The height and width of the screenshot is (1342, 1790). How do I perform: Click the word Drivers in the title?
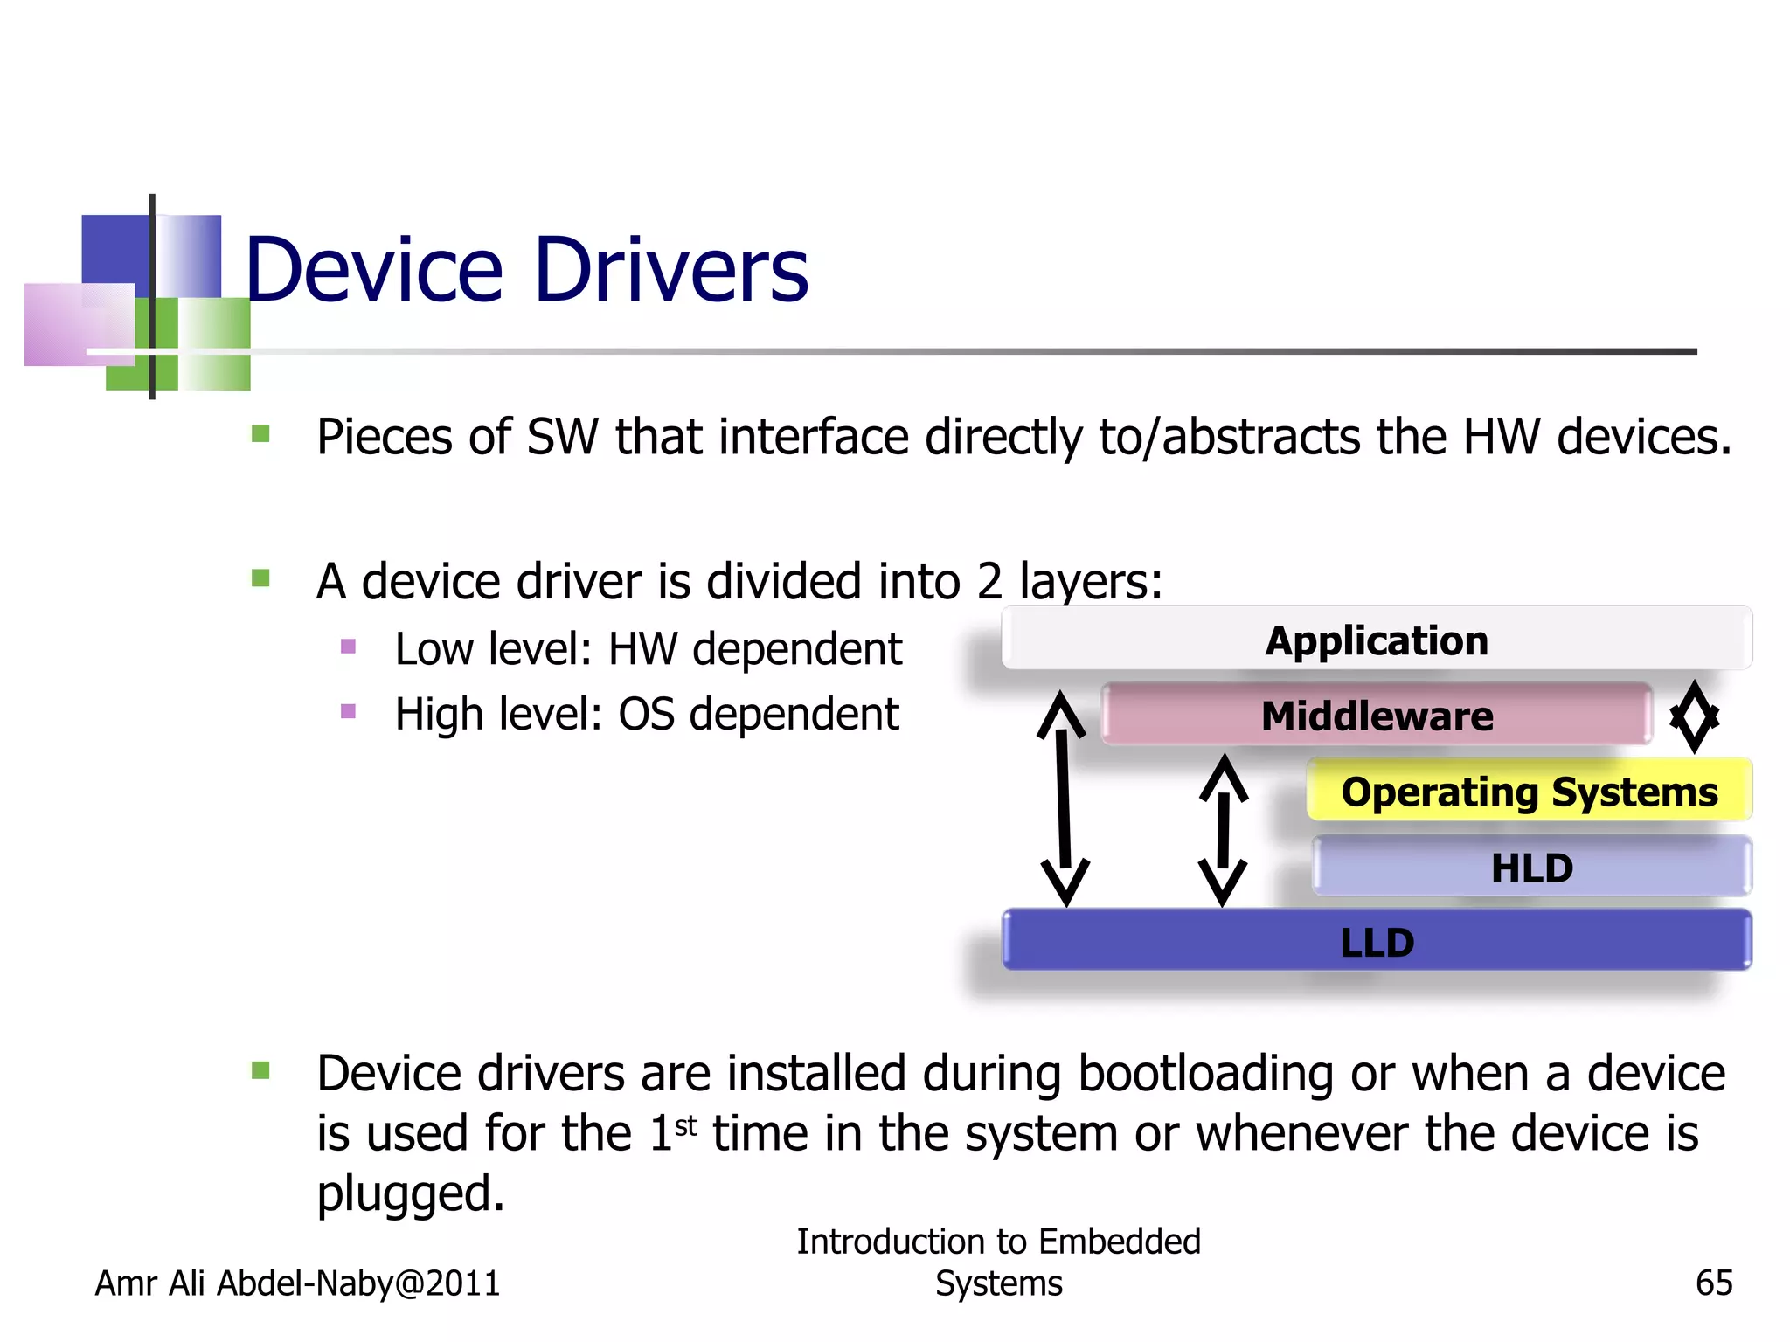pos(670,270)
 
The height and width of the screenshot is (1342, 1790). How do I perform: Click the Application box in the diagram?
pos(1377,640)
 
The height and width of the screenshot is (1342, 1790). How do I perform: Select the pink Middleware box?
pos(1377,716)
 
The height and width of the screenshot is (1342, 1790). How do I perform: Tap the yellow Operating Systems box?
pos(1529,792)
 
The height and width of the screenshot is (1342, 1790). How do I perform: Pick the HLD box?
pos(1531,867)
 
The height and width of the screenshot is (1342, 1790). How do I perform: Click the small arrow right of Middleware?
pos(1694,716)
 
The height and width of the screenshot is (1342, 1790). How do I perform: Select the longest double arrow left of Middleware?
pos(1064,798)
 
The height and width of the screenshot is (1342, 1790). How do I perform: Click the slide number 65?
pos(1713,1283)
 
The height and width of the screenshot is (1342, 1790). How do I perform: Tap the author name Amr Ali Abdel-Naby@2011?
pos(297,1283)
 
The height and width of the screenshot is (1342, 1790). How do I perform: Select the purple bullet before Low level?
pos(348,647)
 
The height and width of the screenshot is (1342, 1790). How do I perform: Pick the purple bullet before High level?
pos(348,711)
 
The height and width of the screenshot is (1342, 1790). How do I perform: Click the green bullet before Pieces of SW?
pos(260,433)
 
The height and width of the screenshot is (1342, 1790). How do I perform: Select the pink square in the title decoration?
pos(79,324)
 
